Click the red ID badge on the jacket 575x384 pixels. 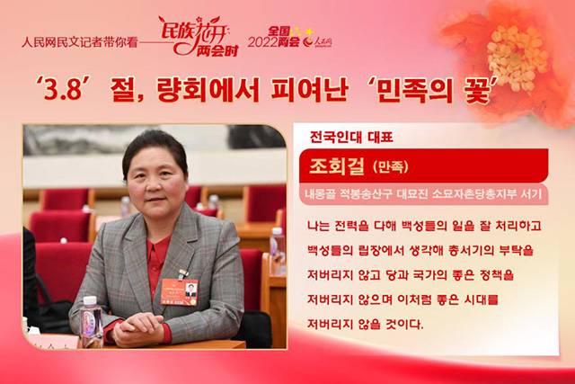(180, 291)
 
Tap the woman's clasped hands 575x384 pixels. (138, 327)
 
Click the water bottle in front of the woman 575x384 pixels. (91, 322)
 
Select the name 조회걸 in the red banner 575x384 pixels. (337, 166)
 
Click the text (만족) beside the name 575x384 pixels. (391, 167)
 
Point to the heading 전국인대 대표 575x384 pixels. (351, 138)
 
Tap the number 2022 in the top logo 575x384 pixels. (262, 42)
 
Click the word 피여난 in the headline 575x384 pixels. (309, 89)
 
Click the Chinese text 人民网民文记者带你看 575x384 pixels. (80, 42)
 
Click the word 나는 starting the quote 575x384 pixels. (319, 226)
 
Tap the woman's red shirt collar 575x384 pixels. (159, 250)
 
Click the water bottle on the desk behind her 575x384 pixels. (278, 252)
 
